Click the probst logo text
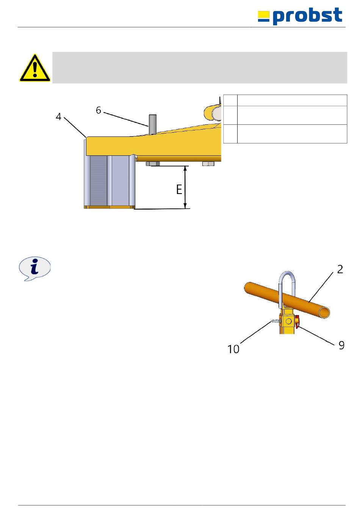(x=307, y=16)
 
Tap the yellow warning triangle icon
(x=35, y=68)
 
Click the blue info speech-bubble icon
(x=34, y=269)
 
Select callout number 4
(x=58, y=117)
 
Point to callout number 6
(x=99, y=110)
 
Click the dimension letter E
(x=179, y=189)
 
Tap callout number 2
(x=340, y=269)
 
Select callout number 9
(x=341, y=345)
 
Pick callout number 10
(x=233, y=349)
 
